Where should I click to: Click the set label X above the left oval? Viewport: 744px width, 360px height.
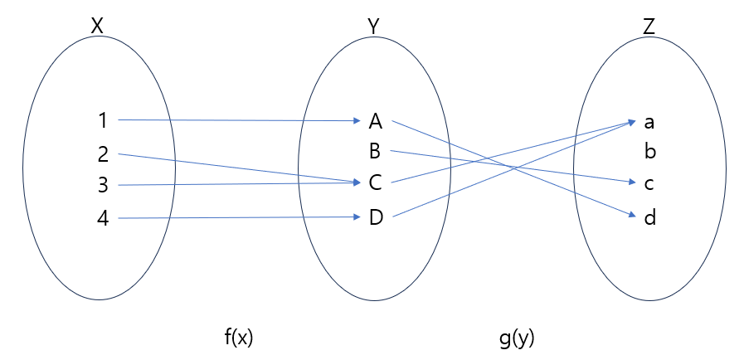click(97, 27)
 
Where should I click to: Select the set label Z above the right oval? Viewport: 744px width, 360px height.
click(649, 27)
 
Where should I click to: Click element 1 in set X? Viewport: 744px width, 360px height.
click(103, 121)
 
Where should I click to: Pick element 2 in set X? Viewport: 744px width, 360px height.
click(103, 153)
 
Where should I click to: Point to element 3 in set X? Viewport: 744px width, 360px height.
click(103, 185)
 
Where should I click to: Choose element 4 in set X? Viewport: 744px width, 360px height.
click(103, 219)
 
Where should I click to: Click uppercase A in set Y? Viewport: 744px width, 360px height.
click(375, 122)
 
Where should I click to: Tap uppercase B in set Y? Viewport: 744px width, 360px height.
click(375, 152)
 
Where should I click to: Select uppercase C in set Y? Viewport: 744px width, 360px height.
click(375, 183)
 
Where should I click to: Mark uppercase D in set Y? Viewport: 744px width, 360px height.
click(375, 218)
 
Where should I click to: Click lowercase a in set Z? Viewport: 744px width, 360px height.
click(649, 123)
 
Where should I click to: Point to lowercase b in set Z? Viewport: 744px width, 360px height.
click(649, 152)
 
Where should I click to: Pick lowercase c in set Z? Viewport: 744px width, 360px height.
click(649, 183)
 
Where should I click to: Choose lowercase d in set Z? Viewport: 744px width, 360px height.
click(649, 218)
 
